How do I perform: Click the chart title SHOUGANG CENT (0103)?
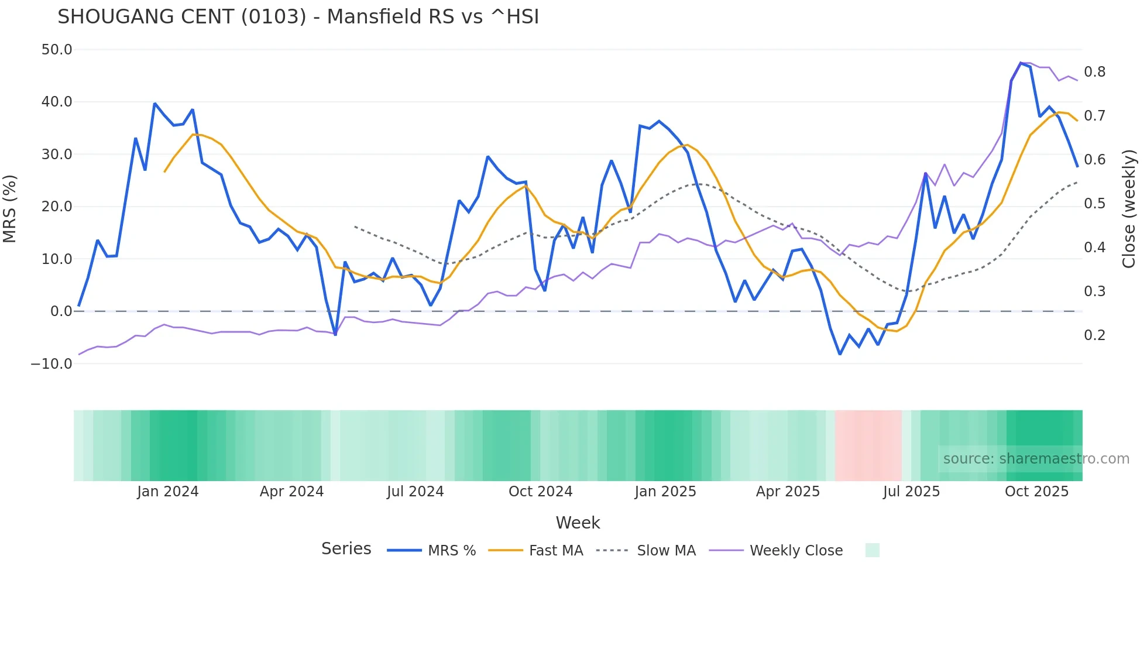click(298, 17)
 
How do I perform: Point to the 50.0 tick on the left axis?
click(57, 50)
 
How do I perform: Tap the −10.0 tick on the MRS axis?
click(51, 363)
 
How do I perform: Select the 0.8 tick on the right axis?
click(1094, 72)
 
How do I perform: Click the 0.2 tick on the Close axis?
click(1094, 335)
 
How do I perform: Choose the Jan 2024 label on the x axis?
click(168, 492)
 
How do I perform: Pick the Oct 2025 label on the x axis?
click(1036, 492)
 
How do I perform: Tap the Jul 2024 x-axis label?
click(415, 492)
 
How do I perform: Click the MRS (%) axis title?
click(10, 208)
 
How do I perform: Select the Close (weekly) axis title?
click(1129, 208)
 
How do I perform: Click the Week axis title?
click(578, 523)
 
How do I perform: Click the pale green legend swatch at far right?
click(872, 550)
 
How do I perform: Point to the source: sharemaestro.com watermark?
click(1036, 459)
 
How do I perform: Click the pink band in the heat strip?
click(868, 445)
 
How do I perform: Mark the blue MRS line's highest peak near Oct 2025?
click(1021, 63)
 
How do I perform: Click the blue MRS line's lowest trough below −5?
click(840, 354)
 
